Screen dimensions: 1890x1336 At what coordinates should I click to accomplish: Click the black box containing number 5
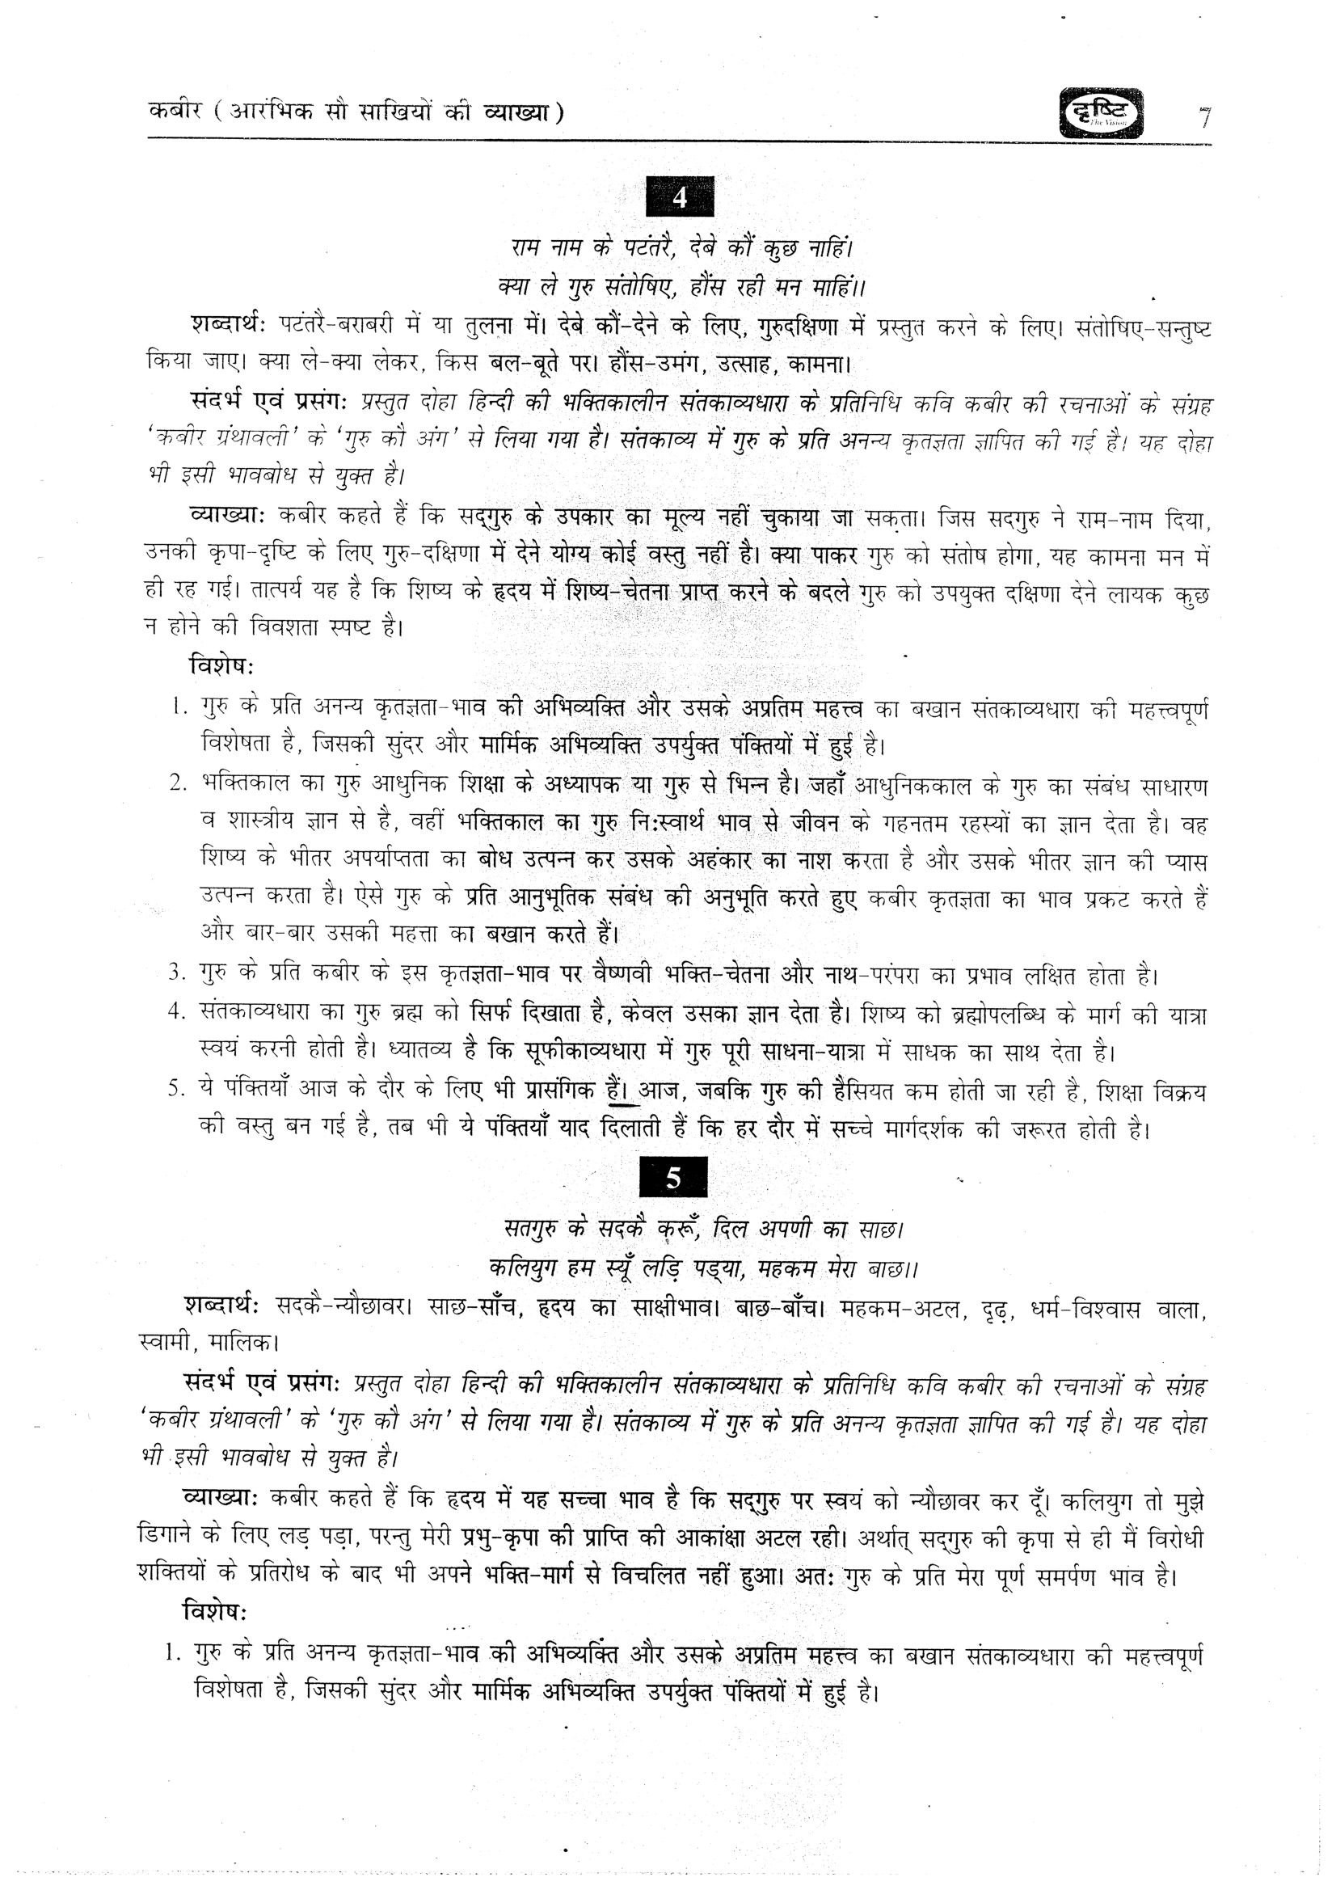coord(673,1179)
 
